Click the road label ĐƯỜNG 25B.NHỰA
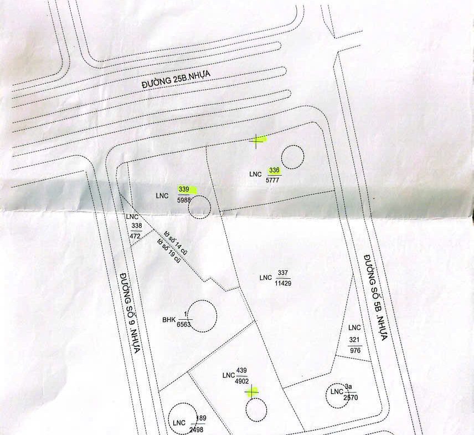pyautogui.click(x=176, y=79)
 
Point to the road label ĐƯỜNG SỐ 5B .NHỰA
pyautogui.click(x=375, y=298)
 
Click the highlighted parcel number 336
pyautogui.click(x=274, y=170)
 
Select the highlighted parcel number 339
pyautogui.click(x=184, y=190)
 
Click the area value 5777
pyautogui.click(x=272, y=180)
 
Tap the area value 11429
pyautogui.click(x=283, y=283)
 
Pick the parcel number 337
pyautogui.click(x=283, y=273)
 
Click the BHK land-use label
pyautogui.click(x=169, y=319)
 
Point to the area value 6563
pyautogui.click(x=183, y=325)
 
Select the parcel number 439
pyautogui.click(x=241, y=370)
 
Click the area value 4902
pyautogui.click(x=241, y=381)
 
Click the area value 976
pyautogui.click(x=355, y=350)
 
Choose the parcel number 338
pyautogui.click(x=137, y=226)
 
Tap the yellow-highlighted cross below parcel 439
pyautogui.click(x=252, y=392)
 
